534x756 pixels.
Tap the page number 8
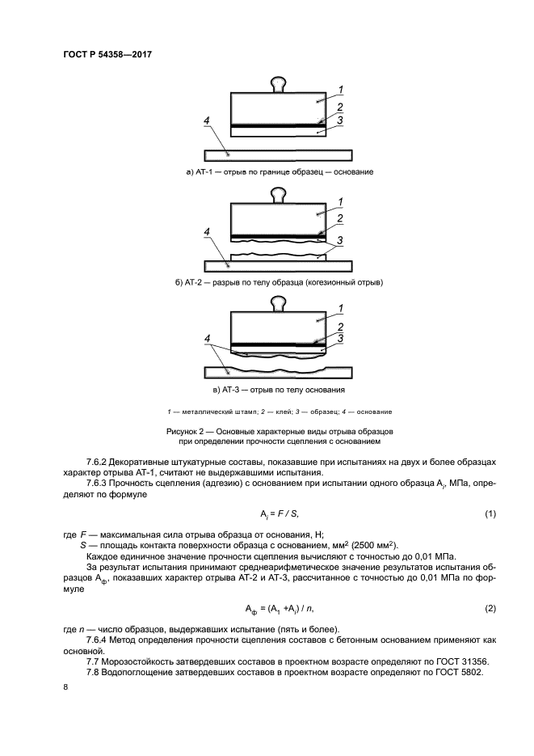(x=65, y=687)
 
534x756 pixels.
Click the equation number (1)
(x=489, y=515)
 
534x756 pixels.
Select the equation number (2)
(x=489, y=608)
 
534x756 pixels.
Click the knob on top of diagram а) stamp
(x=278, y=82)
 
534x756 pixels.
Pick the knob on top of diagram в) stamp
(x=278, y=304)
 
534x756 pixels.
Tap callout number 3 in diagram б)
(x=342, y=240)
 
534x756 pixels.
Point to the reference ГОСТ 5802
(x=455, y=673)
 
